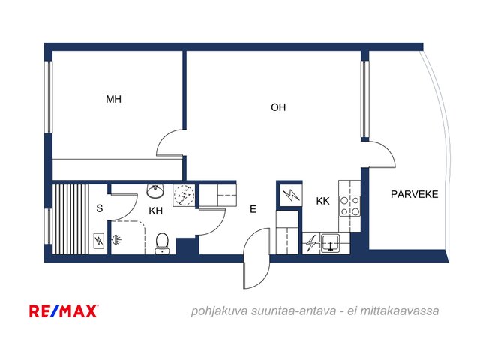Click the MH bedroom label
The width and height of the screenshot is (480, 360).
(x=113, y=99)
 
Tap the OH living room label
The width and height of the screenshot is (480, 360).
(x=278, y=107)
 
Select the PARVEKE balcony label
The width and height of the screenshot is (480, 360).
(x=414, y=194)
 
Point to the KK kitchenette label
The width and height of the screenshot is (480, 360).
(x=322, y=201)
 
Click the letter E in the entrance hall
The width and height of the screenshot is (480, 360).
(x=253, y=209)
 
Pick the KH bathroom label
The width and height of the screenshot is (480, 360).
(x=155, y=211)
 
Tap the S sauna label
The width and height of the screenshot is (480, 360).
(x=100, y=208)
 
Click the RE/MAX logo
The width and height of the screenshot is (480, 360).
(x=64, y=311)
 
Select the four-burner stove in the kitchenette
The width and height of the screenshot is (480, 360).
(x=350, y=206)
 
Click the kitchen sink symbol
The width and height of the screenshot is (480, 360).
(x=330, y=243)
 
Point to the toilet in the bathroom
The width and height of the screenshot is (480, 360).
(x=162, y=244)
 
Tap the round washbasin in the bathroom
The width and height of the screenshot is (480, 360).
(x=155, y=191)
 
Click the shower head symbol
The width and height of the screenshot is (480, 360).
(x=117, y=239)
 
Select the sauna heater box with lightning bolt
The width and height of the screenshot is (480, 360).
(x=98, y=241)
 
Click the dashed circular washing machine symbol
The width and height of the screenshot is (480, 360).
(x=184, y=195)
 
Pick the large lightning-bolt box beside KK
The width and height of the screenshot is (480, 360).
(x=291, y=195)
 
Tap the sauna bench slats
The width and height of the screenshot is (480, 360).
(x=70, y=219)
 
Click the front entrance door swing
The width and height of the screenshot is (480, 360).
(x=256, y=258)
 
